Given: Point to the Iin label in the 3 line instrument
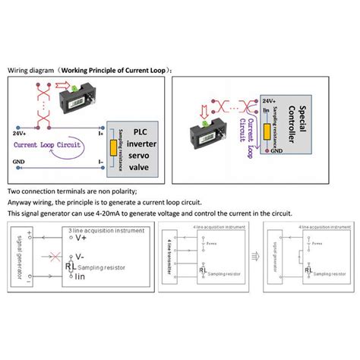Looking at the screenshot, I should pos(81,275).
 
